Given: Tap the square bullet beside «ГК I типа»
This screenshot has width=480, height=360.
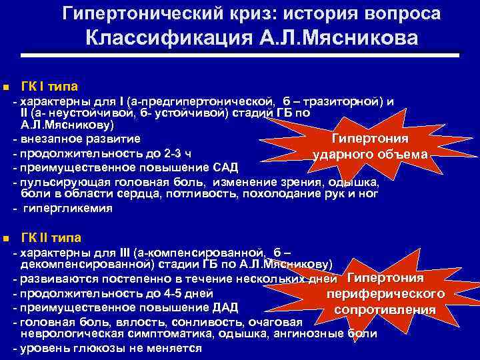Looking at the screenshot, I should (5, 87).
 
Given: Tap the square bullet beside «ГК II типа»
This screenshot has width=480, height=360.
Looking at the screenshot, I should (5, 238).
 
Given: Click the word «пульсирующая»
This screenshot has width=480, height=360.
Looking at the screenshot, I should (59, 181).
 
